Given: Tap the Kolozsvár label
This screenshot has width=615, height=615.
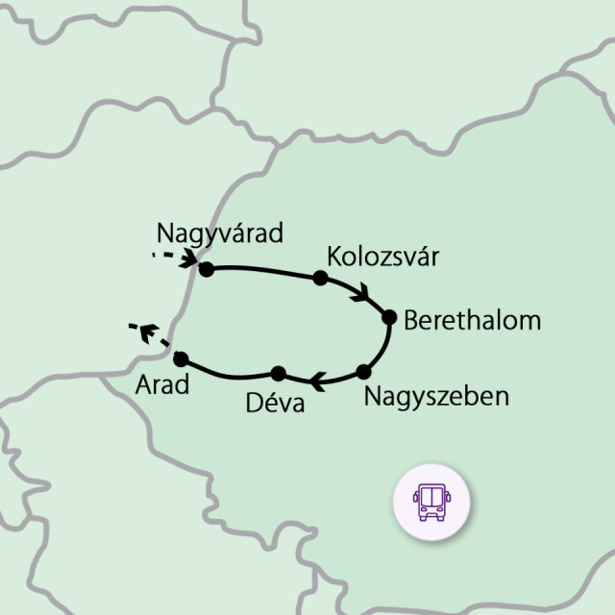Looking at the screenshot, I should [x=382, y=258].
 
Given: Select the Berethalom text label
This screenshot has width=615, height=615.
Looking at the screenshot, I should [x=473, y=320].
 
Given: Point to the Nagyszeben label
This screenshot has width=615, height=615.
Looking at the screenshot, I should [x=436, y=396].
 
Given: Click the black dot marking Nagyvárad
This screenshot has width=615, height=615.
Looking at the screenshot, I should [x=205, y=268].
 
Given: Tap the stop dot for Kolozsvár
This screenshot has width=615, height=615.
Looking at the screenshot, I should [x=321, y=279].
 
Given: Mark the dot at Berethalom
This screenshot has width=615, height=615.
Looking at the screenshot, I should [x=389, y=317].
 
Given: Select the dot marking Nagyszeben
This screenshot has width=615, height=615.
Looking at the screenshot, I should [x=363, y=372].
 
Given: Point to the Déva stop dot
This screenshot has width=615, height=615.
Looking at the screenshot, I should [x=278, y=373].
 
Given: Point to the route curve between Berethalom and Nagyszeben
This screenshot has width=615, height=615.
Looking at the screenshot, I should [x=383, y=348].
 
